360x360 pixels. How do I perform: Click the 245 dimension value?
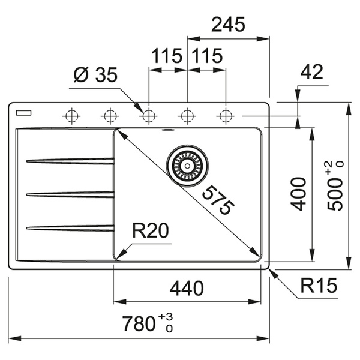[228, 25]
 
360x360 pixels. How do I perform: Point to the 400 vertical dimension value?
[298, 193]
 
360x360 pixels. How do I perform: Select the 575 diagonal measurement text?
[216, 200]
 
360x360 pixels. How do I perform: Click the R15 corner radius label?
[319, 286]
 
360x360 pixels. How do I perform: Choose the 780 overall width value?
[139, 325]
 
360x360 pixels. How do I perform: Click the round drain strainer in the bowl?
[188, 163]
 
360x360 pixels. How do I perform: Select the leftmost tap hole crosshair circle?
[71, 115]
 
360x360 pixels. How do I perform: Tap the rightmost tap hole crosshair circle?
[225, 115]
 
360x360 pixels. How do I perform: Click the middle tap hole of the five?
[148, 115]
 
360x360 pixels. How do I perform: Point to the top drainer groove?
[70, 161]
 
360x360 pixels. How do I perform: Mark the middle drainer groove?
[70, 194]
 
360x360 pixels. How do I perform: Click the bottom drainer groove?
[70, 227]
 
